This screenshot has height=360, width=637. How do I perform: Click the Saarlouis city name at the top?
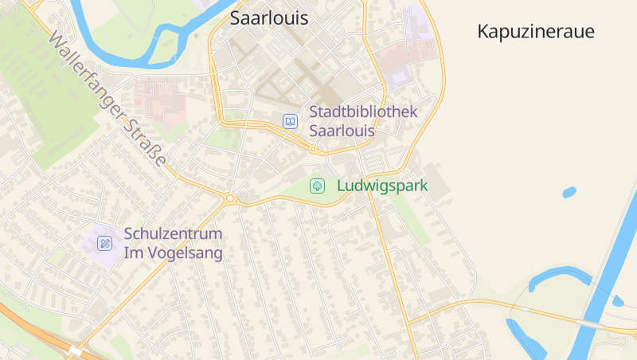268,18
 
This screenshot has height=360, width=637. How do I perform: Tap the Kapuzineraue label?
536,32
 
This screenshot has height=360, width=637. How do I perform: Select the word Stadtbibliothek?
363,112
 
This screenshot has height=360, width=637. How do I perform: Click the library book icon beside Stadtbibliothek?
291,122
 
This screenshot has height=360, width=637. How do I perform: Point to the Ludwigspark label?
382,186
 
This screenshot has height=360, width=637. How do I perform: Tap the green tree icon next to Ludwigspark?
317,186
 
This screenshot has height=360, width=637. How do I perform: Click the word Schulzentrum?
173,235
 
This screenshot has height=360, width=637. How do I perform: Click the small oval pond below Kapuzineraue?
569,192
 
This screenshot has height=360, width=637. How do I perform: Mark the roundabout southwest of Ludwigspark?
230,198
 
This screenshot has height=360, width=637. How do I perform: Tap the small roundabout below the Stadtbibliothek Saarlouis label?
314,149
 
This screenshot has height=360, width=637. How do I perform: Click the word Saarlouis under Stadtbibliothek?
342,131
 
